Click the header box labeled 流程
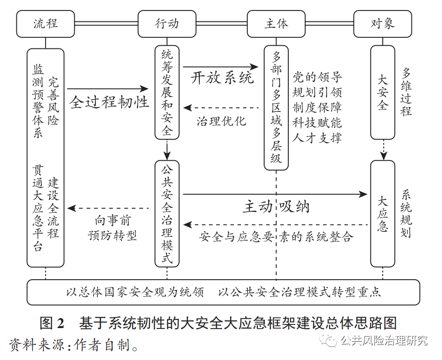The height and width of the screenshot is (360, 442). (x=46, y=23)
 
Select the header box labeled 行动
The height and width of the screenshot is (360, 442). (x=167, y=23)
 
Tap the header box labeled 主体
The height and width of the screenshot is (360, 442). (x=276, y=23)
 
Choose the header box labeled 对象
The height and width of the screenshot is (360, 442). (x=383, y=23)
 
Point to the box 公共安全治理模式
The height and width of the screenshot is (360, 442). (x=167, y=213)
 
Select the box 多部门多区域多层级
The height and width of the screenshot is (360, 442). (x=276, y=107)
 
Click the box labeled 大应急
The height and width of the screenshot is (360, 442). (x=383, y=214)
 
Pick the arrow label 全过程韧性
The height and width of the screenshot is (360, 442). (x=109, y=101)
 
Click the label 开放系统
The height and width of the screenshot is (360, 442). (x=222, y=77)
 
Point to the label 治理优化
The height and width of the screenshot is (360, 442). (x=221, y=121)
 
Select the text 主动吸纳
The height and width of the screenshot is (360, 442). (x=276, y=207)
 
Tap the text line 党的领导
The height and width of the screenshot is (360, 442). (x=317, y=77)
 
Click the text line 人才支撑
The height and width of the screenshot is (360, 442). (x=317, y=137)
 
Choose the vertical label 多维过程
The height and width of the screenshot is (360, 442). (x=406, y=92)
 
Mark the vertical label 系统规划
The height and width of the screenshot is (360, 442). (x=406, y=214)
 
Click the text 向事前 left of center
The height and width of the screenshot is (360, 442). (x=112, y=221)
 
